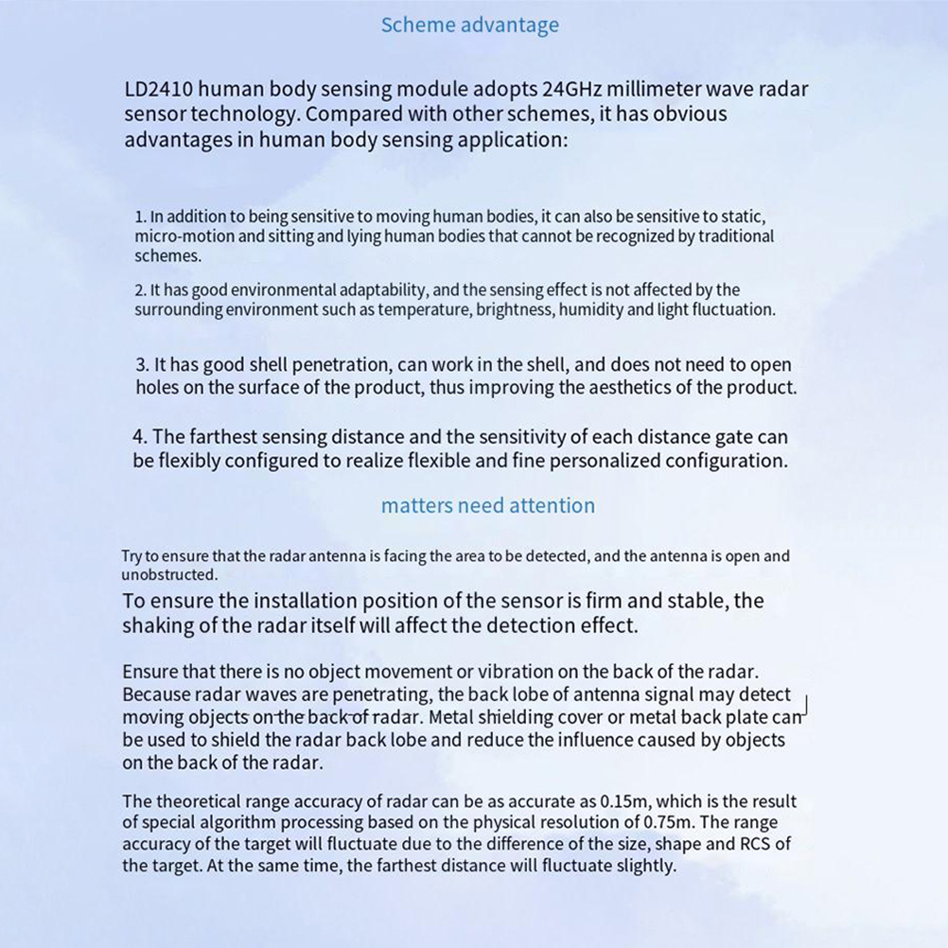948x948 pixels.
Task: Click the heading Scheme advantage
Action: pyautogui.click(x=469, y=26)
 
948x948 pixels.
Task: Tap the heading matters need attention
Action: pyautogui.click(x=487, y=505)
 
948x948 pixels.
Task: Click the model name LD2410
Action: pyautogui.click(x=159, y=90)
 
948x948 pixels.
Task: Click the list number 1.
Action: pyautogui.click(x=139, y=218)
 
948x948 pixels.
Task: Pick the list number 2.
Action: pyautogui.click(x=139, y=290)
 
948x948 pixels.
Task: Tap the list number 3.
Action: pyautogui.click(x=142, y=365)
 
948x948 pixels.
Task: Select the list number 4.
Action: pyautogui.click(x=139, y=437)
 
